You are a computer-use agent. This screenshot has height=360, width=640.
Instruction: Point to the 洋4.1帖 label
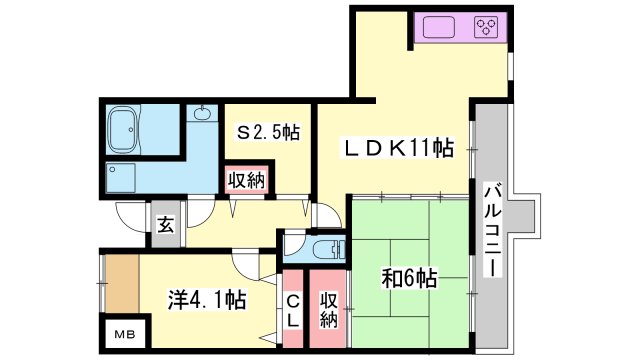[207, 298]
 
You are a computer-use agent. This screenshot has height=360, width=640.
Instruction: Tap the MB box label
[124, 333]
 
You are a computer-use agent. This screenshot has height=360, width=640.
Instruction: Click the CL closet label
[294, 312]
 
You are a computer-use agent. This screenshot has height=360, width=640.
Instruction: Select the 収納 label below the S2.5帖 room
[246, 181]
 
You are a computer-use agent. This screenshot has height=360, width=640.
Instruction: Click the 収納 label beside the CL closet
[328, 310]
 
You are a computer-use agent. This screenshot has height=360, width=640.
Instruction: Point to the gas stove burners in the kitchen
[485, 27]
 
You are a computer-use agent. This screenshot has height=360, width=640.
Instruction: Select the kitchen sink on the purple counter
[441, 27]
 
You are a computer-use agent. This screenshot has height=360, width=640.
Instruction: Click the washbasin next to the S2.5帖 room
[203, 114]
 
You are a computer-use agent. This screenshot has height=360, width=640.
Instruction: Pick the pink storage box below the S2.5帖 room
[246, 181]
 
